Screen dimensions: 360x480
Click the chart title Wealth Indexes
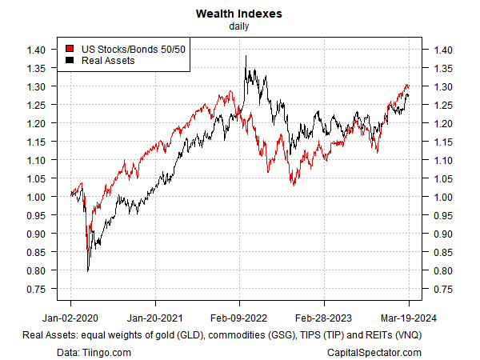click(240, 14)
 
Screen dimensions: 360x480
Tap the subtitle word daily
click(240, 26)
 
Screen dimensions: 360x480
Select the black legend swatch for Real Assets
click(70, 60)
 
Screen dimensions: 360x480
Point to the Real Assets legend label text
click(107, 60)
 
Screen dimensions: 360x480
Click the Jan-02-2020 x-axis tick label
click(71, 304)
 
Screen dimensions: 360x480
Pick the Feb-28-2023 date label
click(324, 304)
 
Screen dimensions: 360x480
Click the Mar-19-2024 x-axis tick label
click(409, 304)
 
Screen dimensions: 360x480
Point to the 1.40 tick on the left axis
click(36, 50)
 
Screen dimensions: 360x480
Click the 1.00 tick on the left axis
click(36, 197)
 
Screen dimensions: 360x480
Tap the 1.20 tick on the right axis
click(444, 123)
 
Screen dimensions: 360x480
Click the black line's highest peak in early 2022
click(245, 56)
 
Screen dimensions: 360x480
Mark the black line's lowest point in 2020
click(87, 271)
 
